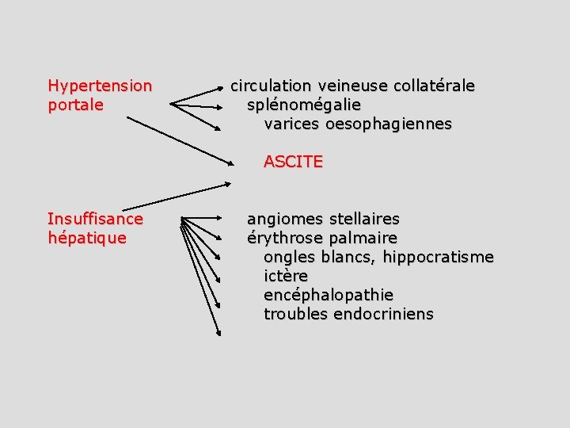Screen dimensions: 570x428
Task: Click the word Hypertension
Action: click(100, 86)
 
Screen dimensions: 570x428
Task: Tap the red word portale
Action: click(76, 105)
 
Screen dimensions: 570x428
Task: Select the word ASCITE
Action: click(293, 162)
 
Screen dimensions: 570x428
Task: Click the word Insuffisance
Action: click(95, 219)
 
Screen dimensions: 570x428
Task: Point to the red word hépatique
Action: click(87, 238)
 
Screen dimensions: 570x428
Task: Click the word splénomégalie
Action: click(304, 105)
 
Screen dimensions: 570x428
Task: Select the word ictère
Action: click(286, 276)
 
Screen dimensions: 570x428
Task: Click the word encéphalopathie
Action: click(329, 295)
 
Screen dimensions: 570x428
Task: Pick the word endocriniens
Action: click(384, 314)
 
